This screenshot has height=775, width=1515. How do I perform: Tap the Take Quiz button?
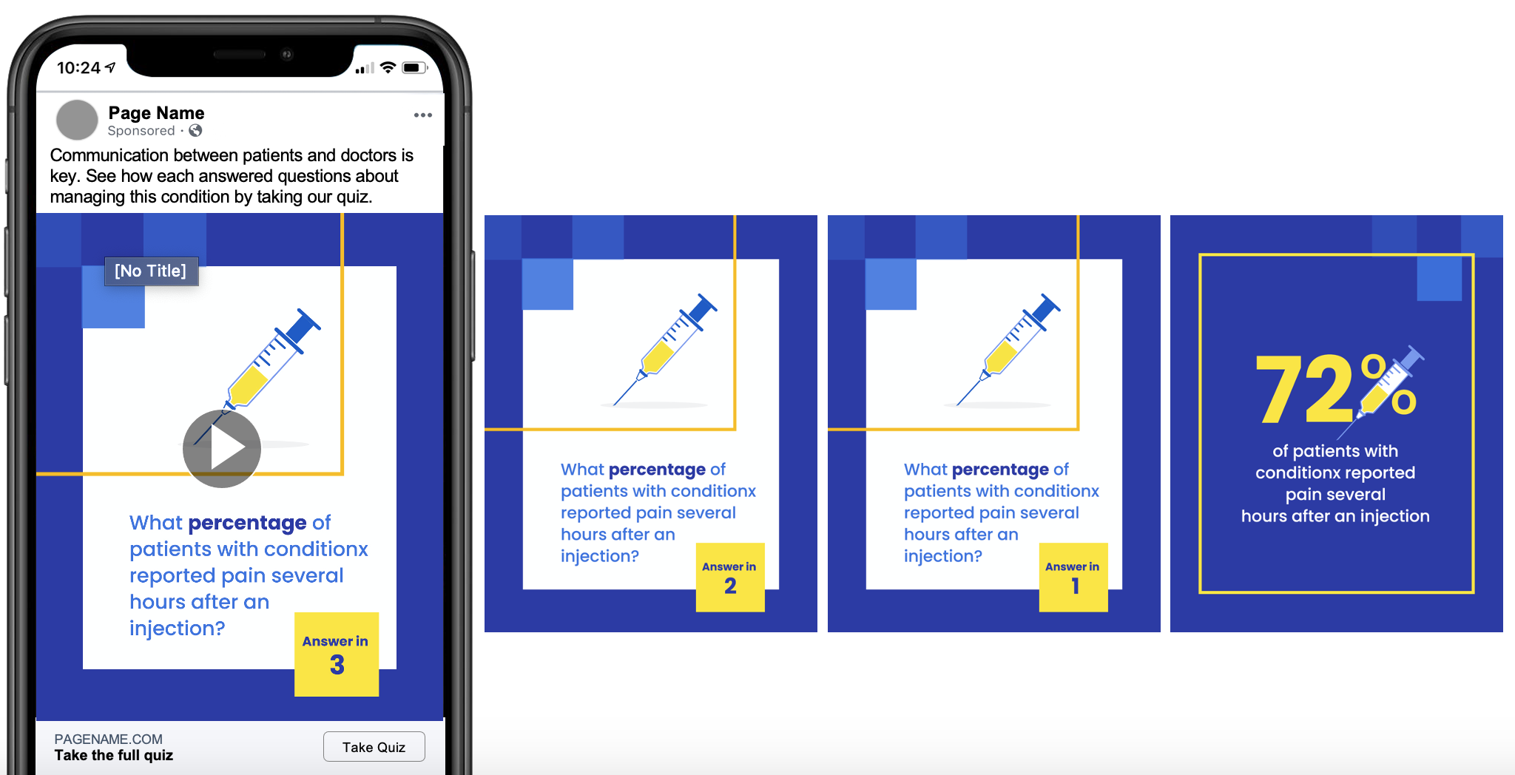click(374, 746)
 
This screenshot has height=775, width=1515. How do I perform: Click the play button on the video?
click(222, 448)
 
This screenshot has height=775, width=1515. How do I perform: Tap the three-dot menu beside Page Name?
click(423, 115)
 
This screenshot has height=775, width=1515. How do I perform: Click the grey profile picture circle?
click(77, 120)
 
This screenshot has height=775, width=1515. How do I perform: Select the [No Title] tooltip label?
click(151, 271)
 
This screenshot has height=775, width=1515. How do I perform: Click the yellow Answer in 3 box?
click(337, 654)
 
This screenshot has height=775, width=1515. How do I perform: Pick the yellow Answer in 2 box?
click(730, 578)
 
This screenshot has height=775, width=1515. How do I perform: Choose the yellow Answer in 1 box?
click(1073, 578)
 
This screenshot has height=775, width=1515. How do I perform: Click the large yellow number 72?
click(1306, 388)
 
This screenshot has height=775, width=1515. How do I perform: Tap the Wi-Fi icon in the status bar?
click(388, 67)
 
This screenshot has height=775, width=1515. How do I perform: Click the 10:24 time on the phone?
click(78, 68)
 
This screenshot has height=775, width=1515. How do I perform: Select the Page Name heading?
click(156, 112)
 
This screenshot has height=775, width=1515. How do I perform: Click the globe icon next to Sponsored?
click(195, 130)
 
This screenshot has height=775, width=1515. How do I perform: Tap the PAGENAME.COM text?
click(108, 739)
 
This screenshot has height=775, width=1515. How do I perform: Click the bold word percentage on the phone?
click(247, 523)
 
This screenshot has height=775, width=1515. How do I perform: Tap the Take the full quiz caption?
click(113, 755)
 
